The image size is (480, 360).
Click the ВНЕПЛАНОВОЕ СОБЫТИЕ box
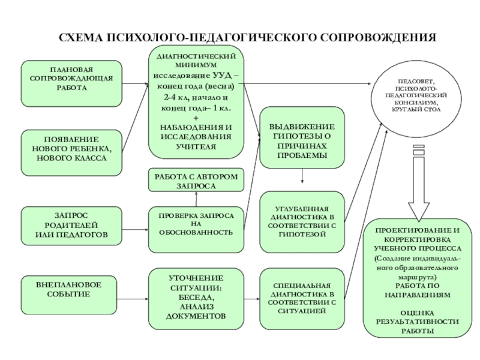tap(71, 289)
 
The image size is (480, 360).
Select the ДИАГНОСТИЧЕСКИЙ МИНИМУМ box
tap(196, 105)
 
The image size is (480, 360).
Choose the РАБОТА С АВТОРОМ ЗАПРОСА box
tap(196, 181)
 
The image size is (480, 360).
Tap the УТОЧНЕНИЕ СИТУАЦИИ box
tap(196, 297)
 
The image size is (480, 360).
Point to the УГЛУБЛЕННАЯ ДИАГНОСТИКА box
tap(302, 220)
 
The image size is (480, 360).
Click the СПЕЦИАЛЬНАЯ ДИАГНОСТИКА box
tap(302, 298)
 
